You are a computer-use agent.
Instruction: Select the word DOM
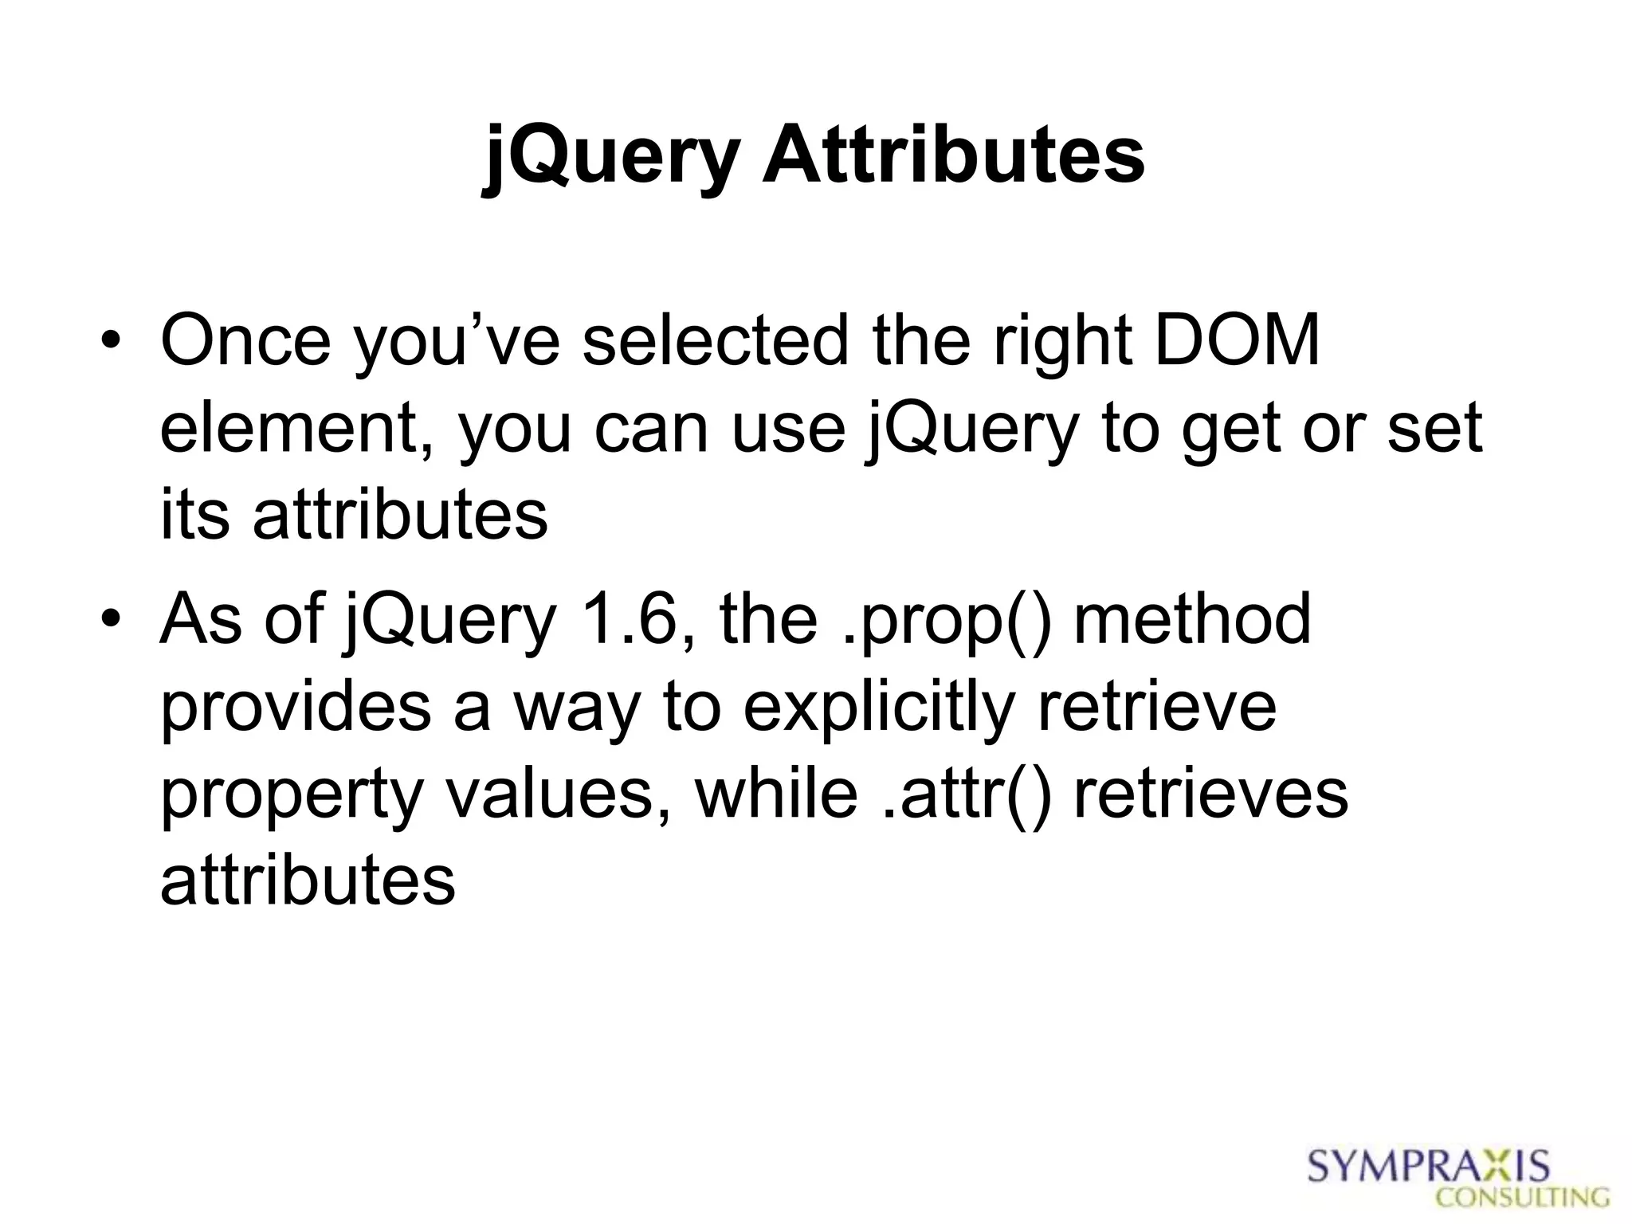pos(1237,341)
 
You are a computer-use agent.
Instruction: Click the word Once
pos(245,341)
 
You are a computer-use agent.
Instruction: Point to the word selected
pos(715,341)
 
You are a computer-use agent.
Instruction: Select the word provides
pos(296,708)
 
